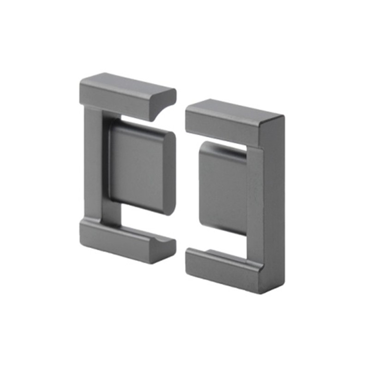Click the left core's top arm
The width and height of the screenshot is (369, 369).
(x=125, y=95)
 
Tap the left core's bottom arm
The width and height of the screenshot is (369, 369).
(x=125, y=242)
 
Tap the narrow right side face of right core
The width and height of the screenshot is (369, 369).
(x=278, y=203)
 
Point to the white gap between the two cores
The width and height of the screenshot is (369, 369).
(x=181, y=184)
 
